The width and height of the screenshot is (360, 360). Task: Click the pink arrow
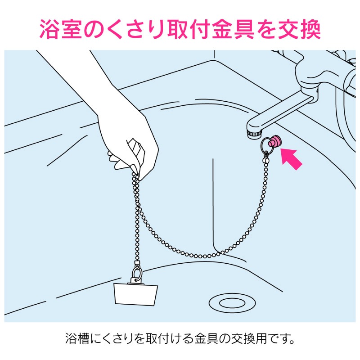pyautogui.click(x=291, y=159)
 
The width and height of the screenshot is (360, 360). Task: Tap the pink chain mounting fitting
pyautogui.click(x=275, y=141)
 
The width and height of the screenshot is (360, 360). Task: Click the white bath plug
pyautogui.click(x=136, y=294)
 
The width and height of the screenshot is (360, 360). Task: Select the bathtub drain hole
pyautogui.click(x=232, y=303)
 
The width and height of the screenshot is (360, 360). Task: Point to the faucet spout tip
pyautogui.click(x=254, y=135)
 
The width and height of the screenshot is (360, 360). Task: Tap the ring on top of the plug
pyautogui.click(x=137, y=273)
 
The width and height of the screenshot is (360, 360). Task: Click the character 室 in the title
pyautogui.click(x=72, y=30)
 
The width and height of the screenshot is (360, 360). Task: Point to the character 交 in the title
pyautogui.click(x=288, y=30)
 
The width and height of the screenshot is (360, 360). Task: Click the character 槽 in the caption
pyautogui.click(x=83, y=338)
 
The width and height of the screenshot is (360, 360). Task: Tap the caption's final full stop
pyautogui.click(x=292, y=342)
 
